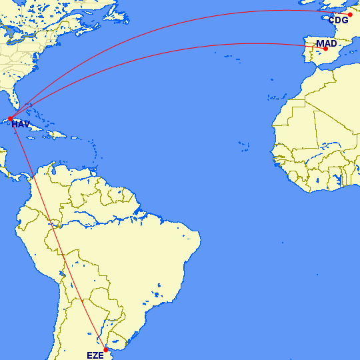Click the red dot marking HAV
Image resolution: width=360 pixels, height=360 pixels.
pyautogui.click(x=10, y=119)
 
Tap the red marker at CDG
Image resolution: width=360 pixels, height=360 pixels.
pyautogui.click(x=350, y=15)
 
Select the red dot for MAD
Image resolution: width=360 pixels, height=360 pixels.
pyautogui.click(x=326, y=49)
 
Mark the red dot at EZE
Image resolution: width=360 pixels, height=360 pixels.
pyautogui.click(x=105, y=349)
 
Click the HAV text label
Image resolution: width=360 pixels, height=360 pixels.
pyautogui.click(x=21, y=125)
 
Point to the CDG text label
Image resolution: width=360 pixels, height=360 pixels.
pyautogui.click(x=338, y=21)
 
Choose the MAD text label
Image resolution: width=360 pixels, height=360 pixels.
pyautogui.click(x=327, y=43)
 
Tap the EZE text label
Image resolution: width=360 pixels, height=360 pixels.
pyautogui.click(x=95, y=355)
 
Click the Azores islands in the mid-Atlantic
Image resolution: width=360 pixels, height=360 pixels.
pyautogui.click(x=230, y=55)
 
